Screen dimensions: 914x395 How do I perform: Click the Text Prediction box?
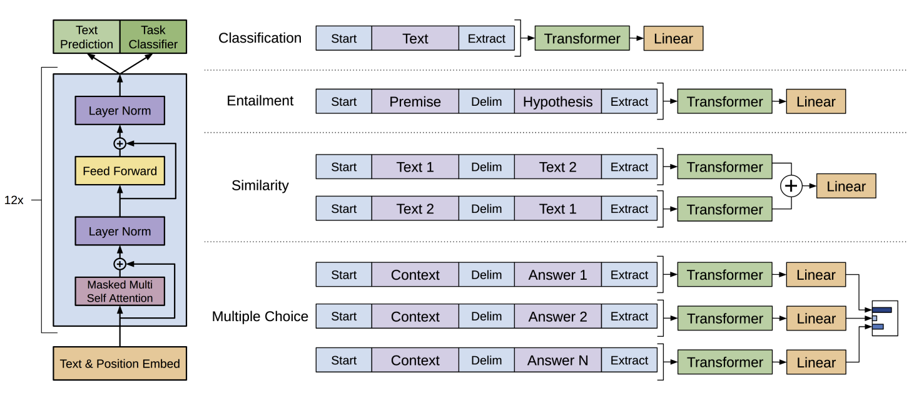[86, 37]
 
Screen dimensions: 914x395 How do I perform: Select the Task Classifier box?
[153, 37]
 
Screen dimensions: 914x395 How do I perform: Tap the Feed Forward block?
[120, 171]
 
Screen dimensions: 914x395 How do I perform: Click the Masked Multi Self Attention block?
[120, 291]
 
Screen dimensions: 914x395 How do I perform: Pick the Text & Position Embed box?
[120, 364]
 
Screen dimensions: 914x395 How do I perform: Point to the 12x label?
[14, 200]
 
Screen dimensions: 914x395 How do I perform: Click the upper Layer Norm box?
[120, 110]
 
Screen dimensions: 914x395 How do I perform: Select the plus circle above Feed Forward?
[119, 143]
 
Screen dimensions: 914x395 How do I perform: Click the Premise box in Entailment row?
[415, 101]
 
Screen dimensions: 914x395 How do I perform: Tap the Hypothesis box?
[558, 101]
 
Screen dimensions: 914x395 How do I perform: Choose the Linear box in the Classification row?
[673, 38]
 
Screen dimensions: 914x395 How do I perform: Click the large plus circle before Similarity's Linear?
[791, 186]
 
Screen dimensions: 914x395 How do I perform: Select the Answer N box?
[558, 360]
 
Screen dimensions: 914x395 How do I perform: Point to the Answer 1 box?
[558, 275]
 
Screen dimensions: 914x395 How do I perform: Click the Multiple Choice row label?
[260, 316]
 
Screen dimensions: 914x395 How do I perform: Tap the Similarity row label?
[260, 185]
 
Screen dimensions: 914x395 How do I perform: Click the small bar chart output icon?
[885, 318]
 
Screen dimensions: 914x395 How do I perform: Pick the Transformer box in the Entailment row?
[724, 101]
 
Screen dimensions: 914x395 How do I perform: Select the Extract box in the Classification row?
[486, 38]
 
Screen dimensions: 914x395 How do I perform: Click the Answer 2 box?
[558, 316]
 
